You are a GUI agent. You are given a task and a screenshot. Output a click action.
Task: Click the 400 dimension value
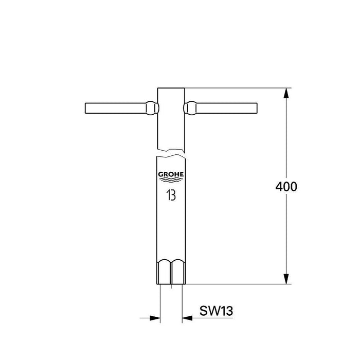click(286, 187)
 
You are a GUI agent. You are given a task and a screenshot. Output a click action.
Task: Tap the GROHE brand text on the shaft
click(170, 174)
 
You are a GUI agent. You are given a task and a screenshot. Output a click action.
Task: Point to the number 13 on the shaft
click(170, 195)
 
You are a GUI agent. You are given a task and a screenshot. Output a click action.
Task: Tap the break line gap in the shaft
click(170, 152)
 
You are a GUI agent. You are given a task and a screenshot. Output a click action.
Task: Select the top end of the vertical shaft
click(170, 88)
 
